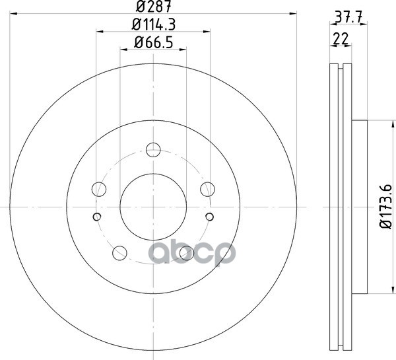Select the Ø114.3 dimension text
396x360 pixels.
[x=154, y=24]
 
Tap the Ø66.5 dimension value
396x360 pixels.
[x=154, y=42]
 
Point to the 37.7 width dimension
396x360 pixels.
[x=348, y=18]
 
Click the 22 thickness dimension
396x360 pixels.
[x=341, y=39]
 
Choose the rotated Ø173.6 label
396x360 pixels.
[x=386, y=207]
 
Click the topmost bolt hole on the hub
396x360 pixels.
[x=153, y=150]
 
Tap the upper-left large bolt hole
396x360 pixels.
[x=99, y=189]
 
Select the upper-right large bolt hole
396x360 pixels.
[x=208, y=189]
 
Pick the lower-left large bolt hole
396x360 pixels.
[x=119, y=253]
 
